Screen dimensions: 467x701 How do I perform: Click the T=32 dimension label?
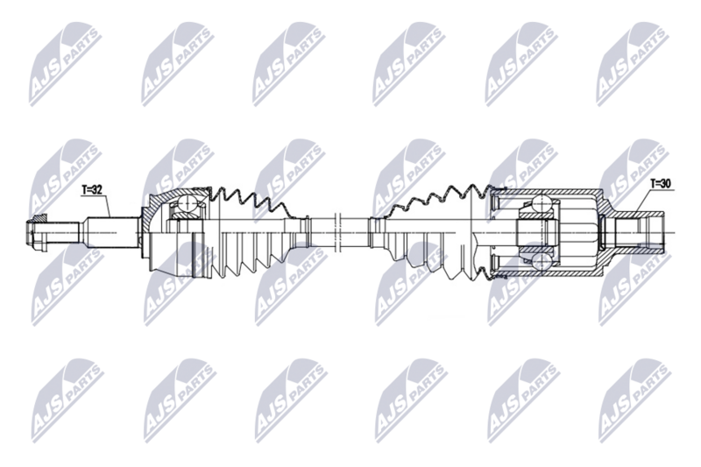coord(93,188)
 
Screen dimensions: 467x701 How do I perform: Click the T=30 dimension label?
coord(662,184)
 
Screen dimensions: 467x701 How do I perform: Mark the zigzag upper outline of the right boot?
coord(429,200)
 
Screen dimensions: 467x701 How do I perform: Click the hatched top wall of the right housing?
coord(552,194)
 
